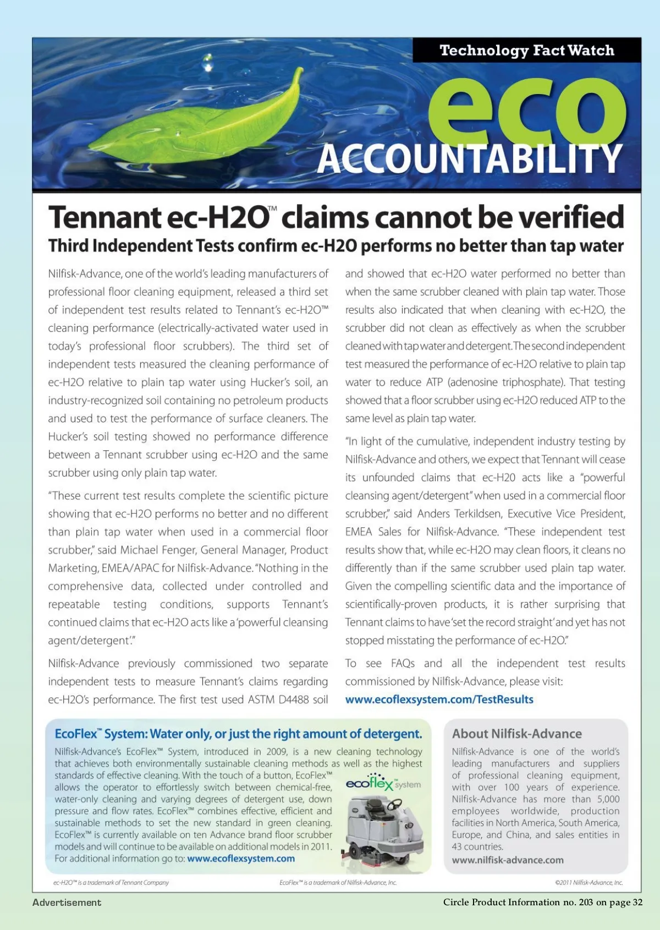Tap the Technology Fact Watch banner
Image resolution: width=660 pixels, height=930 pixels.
coord(526,51)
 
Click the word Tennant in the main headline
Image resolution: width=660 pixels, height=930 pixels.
coord(104,217)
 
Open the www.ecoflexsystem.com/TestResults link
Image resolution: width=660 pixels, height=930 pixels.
coord(439,700)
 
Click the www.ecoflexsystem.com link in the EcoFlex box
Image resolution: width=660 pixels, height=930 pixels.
coord(240,859)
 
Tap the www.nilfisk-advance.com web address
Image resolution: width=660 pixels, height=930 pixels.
coord(507,860)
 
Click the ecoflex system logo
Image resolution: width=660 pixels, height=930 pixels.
coord(383,783)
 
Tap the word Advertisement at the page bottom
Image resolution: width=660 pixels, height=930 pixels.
coord(67,903)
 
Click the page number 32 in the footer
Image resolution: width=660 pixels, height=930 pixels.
coord(637,903)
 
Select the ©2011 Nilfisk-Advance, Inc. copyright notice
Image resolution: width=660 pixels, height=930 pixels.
coord(588,883)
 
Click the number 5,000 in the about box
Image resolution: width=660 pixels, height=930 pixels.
coord(608,799)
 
